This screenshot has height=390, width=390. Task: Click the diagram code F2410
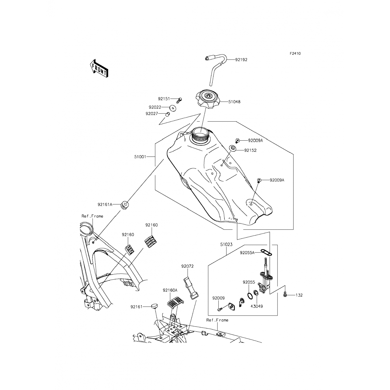pyautogui.click(x=295, y=54)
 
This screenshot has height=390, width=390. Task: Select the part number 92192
pyautogui.click(x=241, y=60)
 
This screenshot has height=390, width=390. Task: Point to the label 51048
pyautogui.click(x=234, y=102)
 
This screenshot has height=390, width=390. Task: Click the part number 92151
pyautogui.click(x=164, y=99)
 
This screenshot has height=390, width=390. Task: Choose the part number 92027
pyautogui.click(x=152, y=114)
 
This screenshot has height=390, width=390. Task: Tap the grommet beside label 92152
pyautogui.click(x=232, y=148)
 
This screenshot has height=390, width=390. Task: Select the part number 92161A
pyautogui.click(x=105, y=205)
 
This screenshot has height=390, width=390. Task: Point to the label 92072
pyautogui.click(x=187, y=266)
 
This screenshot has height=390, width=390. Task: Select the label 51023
pyautogui.click(x=226, y=245)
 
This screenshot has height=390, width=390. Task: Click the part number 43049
pyautogui.click(x=256, y=306)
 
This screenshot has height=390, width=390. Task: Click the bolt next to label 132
pyautogui.click(x=285, y=295)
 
